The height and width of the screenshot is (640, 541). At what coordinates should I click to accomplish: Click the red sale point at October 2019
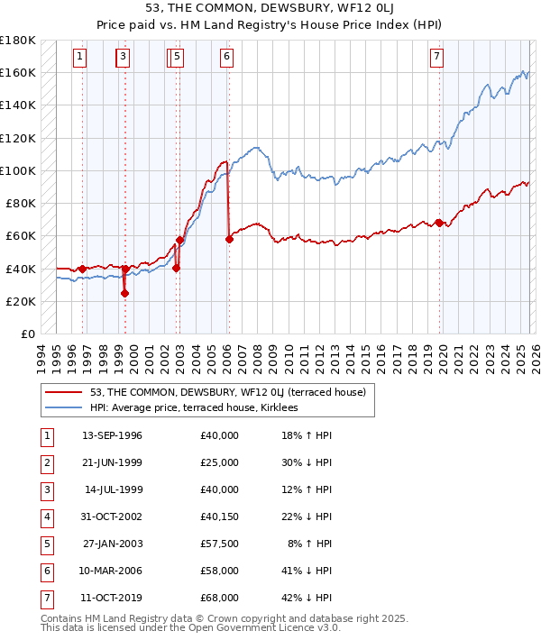tap(439, 223)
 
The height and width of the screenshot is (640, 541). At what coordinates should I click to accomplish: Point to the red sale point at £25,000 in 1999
tap(124, 293)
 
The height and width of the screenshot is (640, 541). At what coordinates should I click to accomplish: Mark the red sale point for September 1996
tap(82, 269)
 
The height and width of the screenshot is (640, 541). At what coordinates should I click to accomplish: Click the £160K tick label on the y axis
tap(18, 72)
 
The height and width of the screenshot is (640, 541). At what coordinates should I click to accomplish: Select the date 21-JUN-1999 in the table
tap(112, 462)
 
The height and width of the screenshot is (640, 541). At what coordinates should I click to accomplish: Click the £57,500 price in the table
tap(220, 544)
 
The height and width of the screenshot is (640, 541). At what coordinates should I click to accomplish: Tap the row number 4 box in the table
tap(46, 517)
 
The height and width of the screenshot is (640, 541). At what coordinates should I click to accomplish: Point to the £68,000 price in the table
tap(220, 598)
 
